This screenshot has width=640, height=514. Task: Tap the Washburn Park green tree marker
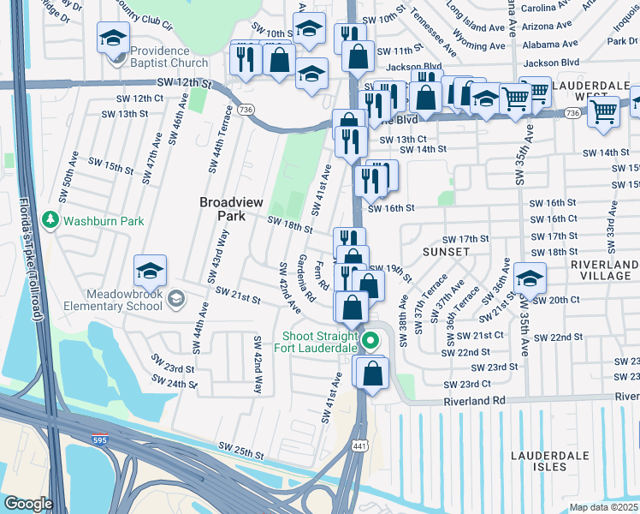click(x=50, y=220)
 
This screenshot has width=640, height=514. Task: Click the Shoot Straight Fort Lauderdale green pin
click(x=370, y=340)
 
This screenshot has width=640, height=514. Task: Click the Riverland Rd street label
click(x=474, y=400)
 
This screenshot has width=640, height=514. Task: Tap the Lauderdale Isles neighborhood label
click(x=537, y=460)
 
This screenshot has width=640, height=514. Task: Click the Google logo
click(x=27, y=503)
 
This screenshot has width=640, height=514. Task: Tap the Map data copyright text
click(x=604, y=507)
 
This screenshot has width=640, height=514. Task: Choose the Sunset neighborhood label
click(x=446, y=252)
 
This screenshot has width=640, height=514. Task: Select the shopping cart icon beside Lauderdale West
click(x=604, y=111)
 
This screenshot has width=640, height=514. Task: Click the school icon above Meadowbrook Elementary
click(x=150, y=272)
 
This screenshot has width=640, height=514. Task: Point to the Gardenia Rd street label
click(x=307, y=278)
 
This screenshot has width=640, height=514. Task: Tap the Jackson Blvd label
click(x=413, y=66)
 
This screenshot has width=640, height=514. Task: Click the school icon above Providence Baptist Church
click(x=113, y=38)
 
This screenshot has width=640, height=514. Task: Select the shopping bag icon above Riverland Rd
click(x=372, y=373)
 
